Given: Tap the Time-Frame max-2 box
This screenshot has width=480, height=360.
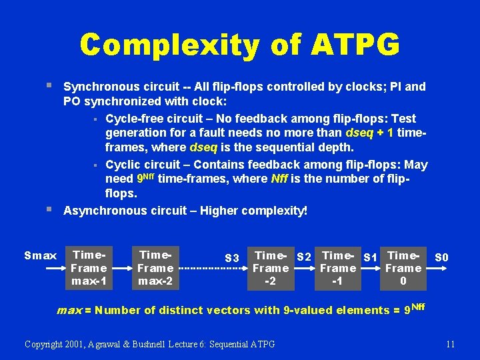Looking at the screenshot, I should click(155, 268).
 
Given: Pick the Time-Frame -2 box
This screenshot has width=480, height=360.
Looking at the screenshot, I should click(271, 268).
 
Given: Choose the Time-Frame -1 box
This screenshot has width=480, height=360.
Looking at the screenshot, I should click(338, 268).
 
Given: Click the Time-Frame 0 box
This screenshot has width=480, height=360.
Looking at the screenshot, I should click(403, 268).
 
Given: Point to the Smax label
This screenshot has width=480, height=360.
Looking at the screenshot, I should click(40, 255).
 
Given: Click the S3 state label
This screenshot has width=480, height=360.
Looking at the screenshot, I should click(232, 258).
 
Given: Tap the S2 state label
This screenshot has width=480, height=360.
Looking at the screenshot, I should click(304, 256).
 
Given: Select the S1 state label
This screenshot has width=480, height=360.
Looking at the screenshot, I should click(370, 257).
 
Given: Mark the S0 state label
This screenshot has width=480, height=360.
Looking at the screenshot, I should click(441, 257).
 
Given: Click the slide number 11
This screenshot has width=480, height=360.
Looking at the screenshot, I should click(450, 344).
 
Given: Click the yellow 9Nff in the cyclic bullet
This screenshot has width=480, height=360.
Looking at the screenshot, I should click(149, 179).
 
